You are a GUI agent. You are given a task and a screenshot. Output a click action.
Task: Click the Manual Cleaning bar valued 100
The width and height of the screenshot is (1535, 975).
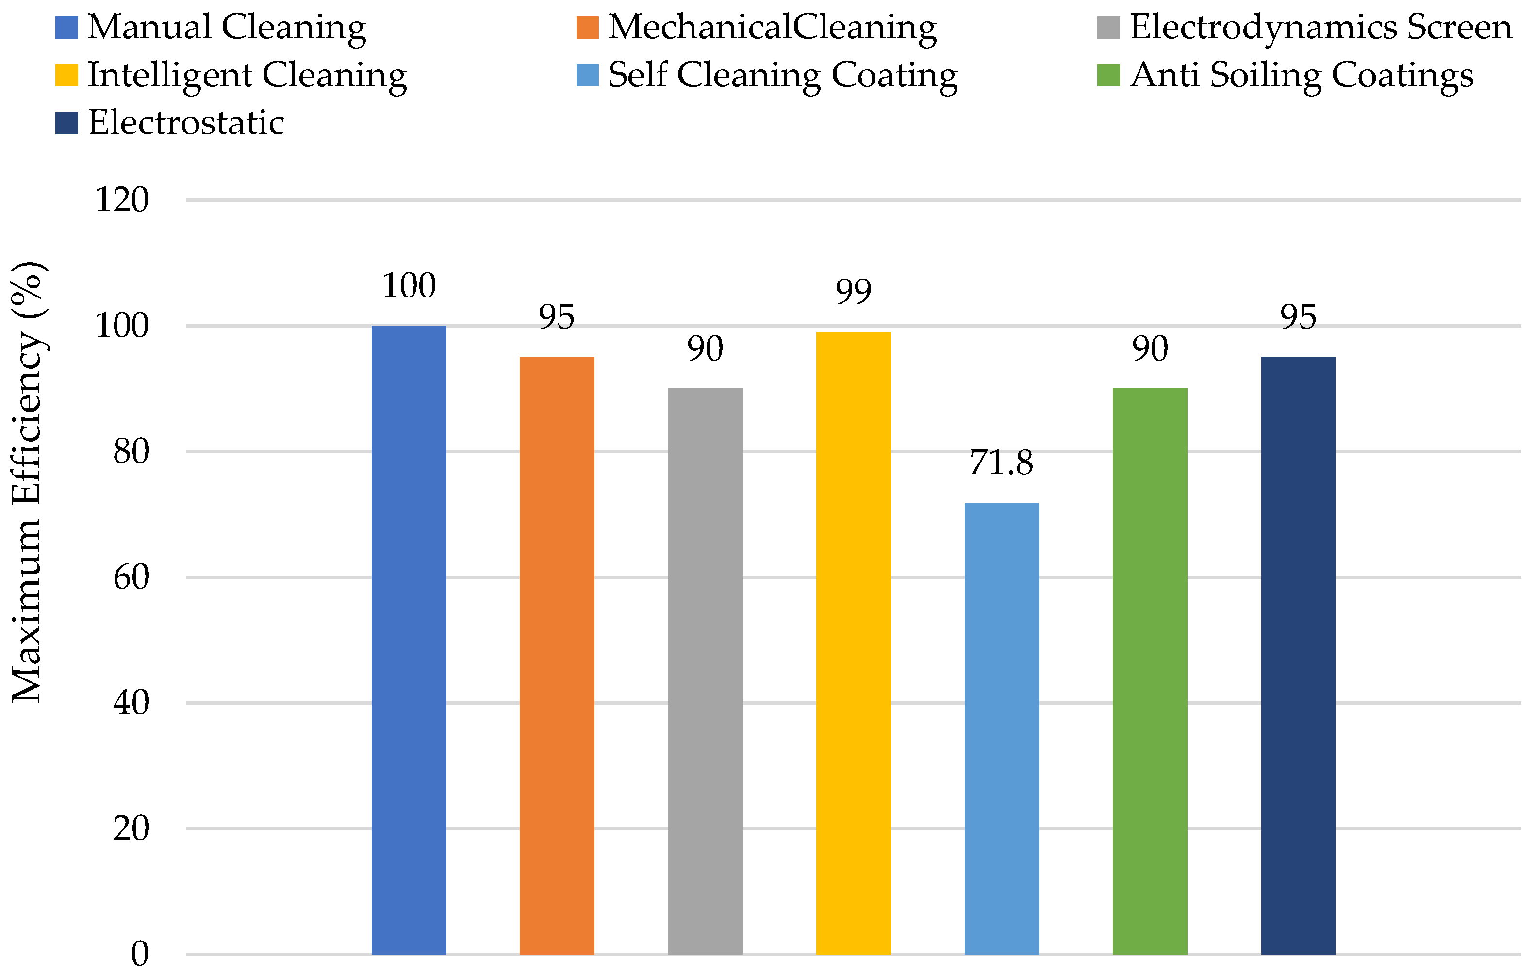point(409,640)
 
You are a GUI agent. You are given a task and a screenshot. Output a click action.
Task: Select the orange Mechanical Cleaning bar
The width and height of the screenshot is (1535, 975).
point(557,656)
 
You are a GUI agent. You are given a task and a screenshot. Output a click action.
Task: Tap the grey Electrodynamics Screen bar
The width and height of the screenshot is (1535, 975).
point(705,671)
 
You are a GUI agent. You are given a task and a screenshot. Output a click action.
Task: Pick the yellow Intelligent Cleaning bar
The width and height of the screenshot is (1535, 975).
point(854,643)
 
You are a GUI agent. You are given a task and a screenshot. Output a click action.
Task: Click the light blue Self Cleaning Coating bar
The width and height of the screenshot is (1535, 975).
point(1002,728)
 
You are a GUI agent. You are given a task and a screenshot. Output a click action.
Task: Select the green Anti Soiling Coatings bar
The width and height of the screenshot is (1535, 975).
point(1150,671)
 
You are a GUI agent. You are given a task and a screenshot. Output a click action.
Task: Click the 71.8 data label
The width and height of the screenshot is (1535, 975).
point(1002,463)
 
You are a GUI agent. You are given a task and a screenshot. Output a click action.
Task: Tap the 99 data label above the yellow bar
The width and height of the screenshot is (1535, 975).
point(854,291)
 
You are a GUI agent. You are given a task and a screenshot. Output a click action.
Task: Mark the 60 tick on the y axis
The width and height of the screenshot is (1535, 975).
point(131,577)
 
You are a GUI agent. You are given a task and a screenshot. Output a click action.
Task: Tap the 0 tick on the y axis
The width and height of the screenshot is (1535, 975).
point(140,954)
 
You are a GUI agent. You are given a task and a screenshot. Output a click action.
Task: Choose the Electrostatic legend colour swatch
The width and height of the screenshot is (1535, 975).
point(67,123)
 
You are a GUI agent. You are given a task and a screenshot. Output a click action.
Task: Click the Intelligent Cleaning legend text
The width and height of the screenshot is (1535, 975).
point(248,76)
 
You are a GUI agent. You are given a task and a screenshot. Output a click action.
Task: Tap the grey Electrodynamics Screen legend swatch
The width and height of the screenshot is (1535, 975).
point(1108,27)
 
